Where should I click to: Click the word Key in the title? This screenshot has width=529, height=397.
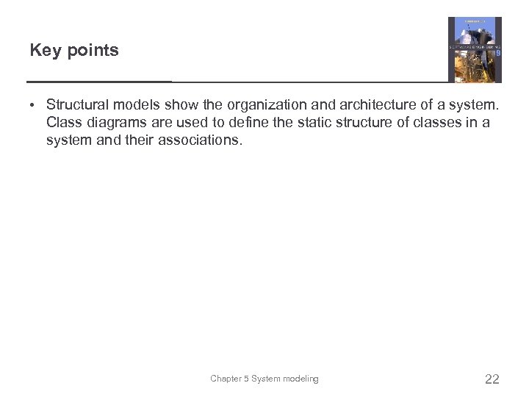click(43, 51)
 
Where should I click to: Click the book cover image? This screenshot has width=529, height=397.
click(475, 49)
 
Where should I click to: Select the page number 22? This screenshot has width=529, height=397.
click(492, 379)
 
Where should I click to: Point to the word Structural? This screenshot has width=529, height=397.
click(76, 104)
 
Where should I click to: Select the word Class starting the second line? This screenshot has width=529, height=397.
click(63, 122)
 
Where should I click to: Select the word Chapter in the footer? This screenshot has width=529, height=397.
click(226, 379)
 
